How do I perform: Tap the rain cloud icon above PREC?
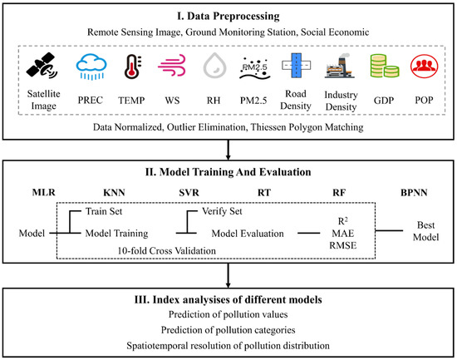coord(88,63)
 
